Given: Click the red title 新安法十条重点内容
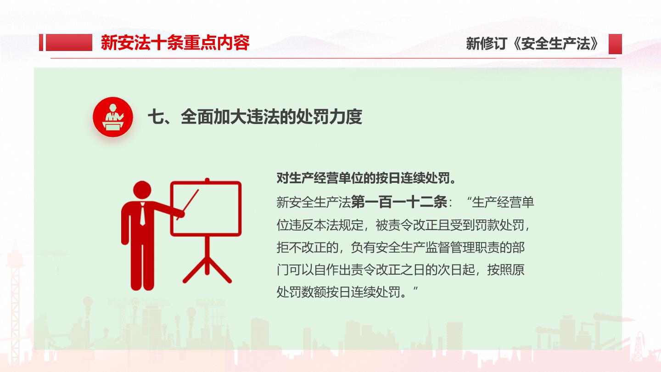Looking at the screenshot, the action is (x=175, y=43).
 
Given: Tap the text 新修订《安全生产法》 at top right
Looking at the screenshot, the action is (x=532, y=44).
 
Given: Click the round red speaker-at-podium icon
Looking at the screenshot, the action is (x=113, y=117).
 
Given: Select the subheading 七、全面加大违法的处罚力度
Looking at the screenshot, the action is (x=255, y=117).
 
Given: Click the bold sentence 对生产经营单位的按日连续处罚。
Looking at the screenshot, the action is (x=366, y=178).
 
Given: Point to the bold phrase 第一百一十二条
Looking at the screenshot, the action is (x=399, y=202).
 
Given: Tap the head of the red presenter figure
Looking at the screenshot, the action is (x=142, y=190).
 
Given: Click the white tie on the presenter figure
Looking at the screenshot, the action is (x=142, y=214).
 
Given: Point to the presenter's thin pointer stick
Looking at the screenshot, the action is (x=188, y=205).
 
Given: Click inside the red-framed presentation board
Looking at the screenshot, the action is (x=206, y=209).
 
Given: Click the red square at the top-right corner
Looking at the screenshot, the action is (x=615, y=44).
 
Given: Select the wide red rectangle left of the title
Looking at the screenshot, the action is (x=69, y=43).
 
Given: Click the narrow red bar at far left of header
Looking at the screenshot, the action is (x=41, y=43).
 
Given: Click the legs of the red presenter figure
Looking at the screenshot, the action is (x=142, y=266).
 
